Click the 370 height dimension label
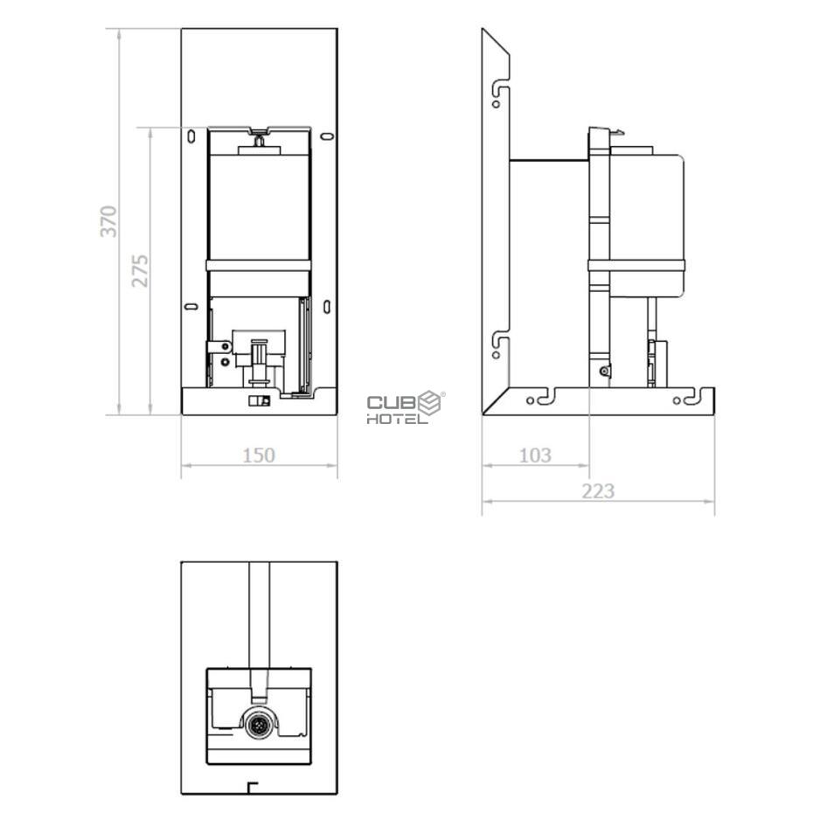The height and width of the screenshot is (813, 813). click(108, 221)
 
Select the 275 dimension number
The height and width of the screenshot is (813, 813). click(140, 270)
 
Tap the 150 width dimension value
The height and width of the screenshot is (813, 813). click(259, 455)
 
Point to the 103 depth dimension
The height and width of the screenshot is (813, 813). click(535, 455)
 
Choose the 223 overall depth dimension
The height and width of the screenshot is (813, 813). click(598, 490)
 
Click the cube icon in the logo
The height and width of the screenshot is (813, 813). click(429, 403)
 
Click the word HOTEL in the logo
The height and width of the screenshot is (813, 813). click(397, 419)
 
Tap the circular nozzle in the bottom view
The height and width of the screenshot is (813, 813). click(259, 724)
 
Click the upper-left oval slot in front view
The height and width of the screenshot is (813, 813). click(191, 136)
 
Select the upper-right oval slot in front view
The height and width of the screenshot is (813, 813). click(327, 136)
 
